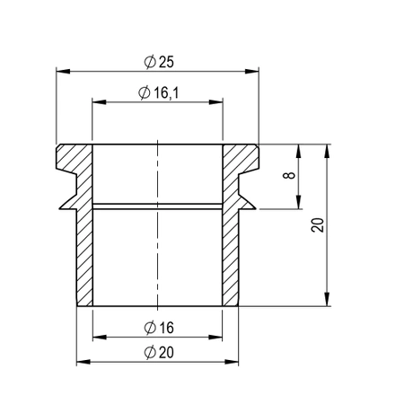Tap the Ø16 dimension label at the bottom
(157, 328)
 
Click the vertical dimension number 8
(288, 177)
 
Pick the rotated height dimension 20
(316, 224)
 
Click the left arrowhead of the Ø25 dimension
(60, 69)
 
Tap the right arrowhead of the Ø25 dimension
(255, 69)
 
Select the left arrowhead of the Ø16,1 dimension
(97, 102)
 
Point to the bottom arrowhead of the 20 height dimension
(326, 301)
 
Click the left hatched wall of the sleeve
(84, 251)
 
